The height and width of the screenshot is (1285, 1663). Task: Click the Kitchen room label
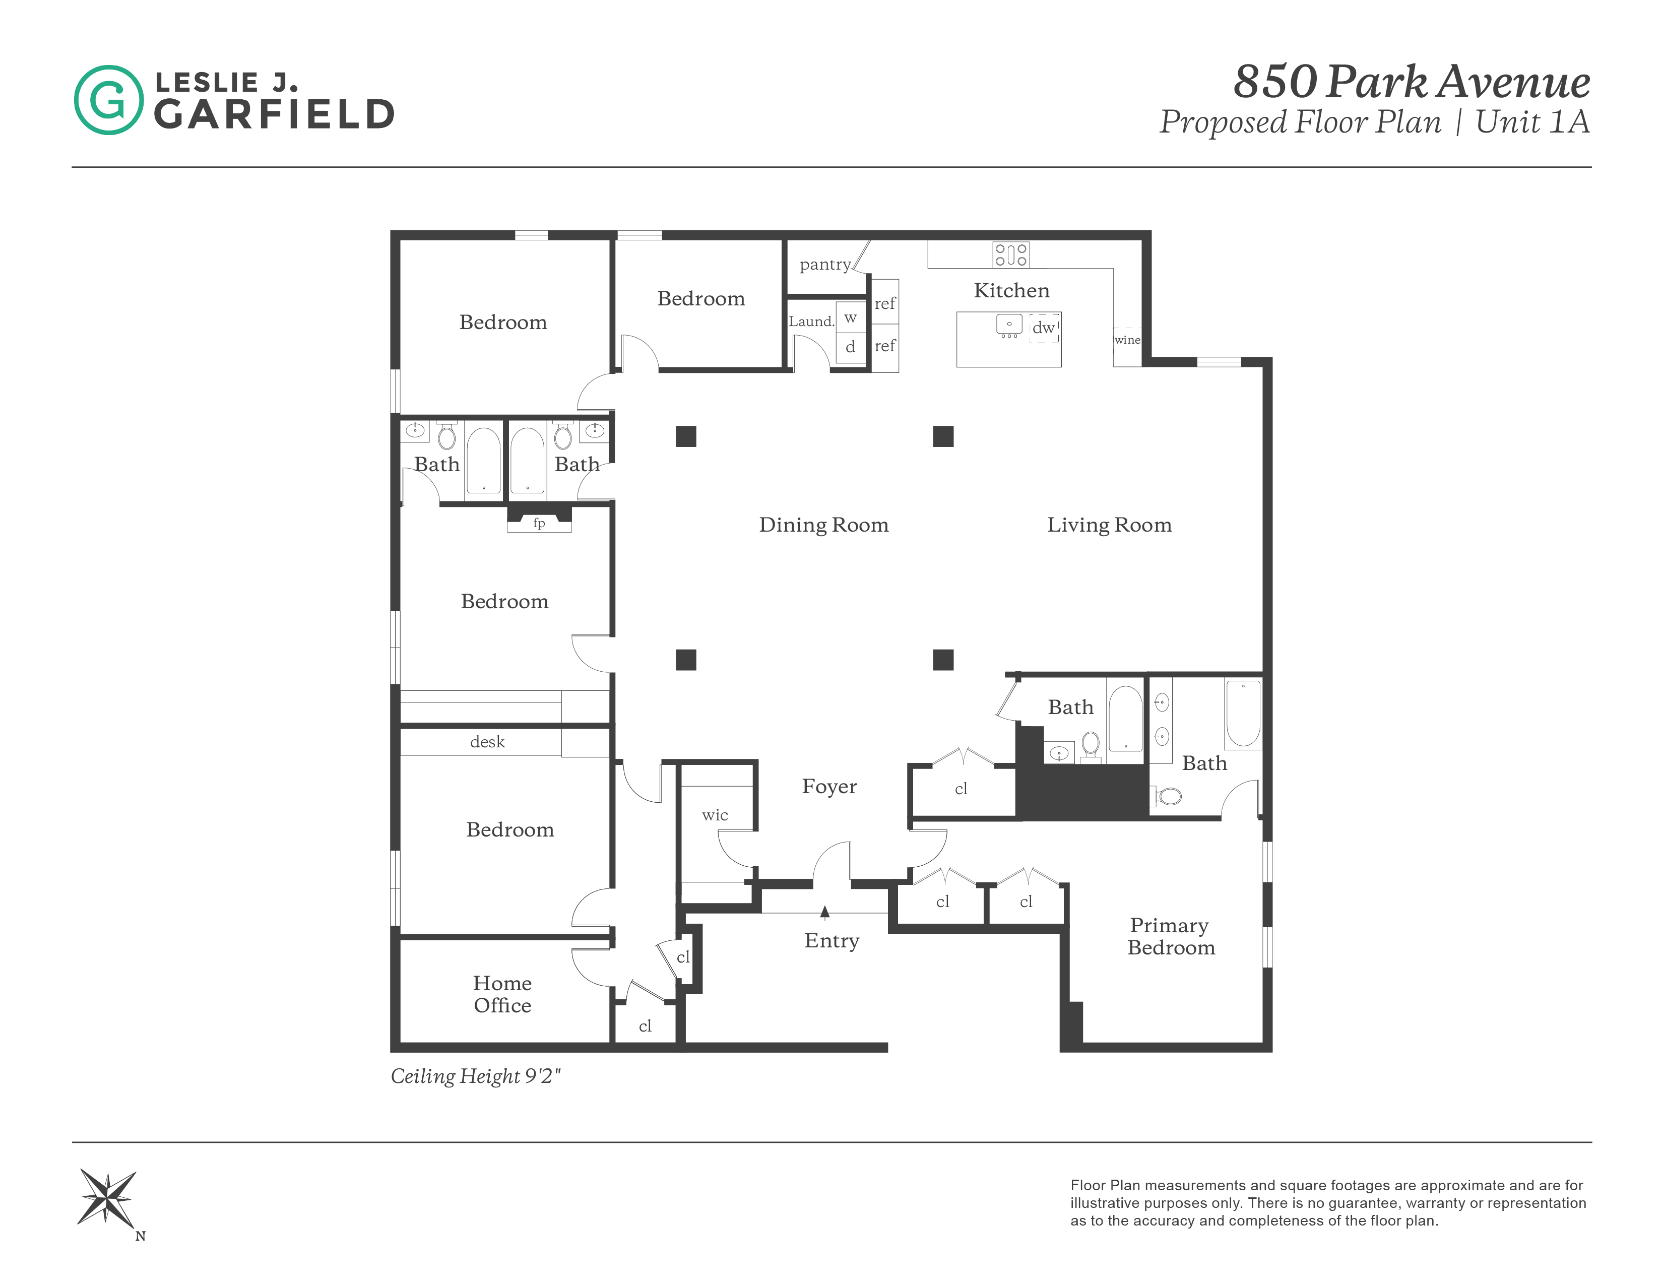tap(1011, 290)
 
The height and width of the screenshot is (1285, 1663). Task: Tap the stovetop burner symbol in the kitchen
tap(1010, 255)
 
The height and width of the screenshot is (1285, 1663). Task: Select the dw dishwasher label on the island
tap(1043, 328)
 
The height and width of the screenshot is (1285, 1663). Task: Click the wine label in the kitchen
tap(1127, 340)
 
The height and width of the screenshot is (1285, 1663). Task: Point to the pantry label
tap(824, 265)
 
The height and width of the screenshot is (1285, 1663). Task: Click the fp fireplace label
tap(539, 523)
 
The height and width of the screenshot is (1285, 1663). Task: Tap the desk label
tap(487, 742)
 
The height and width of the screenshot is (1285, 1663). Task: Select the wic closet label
tap(715, 815)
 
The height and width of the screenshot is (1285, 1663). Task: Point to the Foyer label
tap(829, 787)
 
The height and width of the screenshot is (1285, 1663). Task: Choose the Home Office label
tap(502, 994)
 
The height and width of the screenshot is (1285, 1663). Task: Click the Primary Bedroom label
tap(1170, 936)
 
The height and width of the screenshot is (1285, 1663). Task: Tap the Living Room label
tap(1109, 525)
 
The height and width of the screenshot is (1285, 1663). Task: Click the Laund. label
tap(811, 322)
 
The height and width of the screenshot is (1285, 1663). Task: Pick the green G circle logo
tap(108, 100)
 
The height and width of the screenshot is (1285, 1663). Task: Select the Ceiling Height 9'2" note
tap(475, 1076)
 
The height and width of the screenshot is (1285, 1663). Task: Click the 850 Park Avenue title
tap(1411, 82)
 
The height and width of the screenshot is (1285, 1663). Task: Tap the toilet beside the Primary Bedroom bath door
tap(1169, 796)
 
